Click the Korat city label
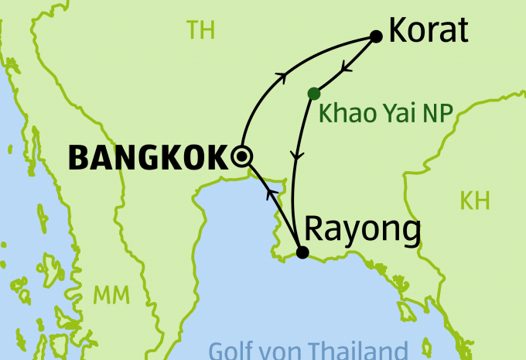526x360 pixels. pyautogui.click(x=429, y=31)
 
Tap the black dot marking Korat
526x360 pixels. pyautogui.click(x=377, y=36)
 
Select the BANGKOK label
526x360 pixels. pyautogui.click(x=149, y=158)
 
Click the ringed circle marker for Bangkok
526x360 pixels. pyautogui.click(x=242, y=156)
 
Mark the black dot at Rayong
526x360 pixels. pyautogui.click(x=302, y=252)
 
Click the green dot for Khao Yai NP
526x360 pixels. pyautogui.click(x=313, y=94)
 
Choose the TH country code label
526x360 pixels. pyautogui.click(x=200, y=31)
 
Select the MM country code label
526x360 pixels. pyautogui.click(x=111, y=295)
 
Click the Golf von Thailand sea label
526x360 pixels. pyautogui.click(x=308, y=350)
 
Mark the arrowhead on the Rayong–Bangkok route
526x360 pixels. pyautogui.click(x=270, y=191)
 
